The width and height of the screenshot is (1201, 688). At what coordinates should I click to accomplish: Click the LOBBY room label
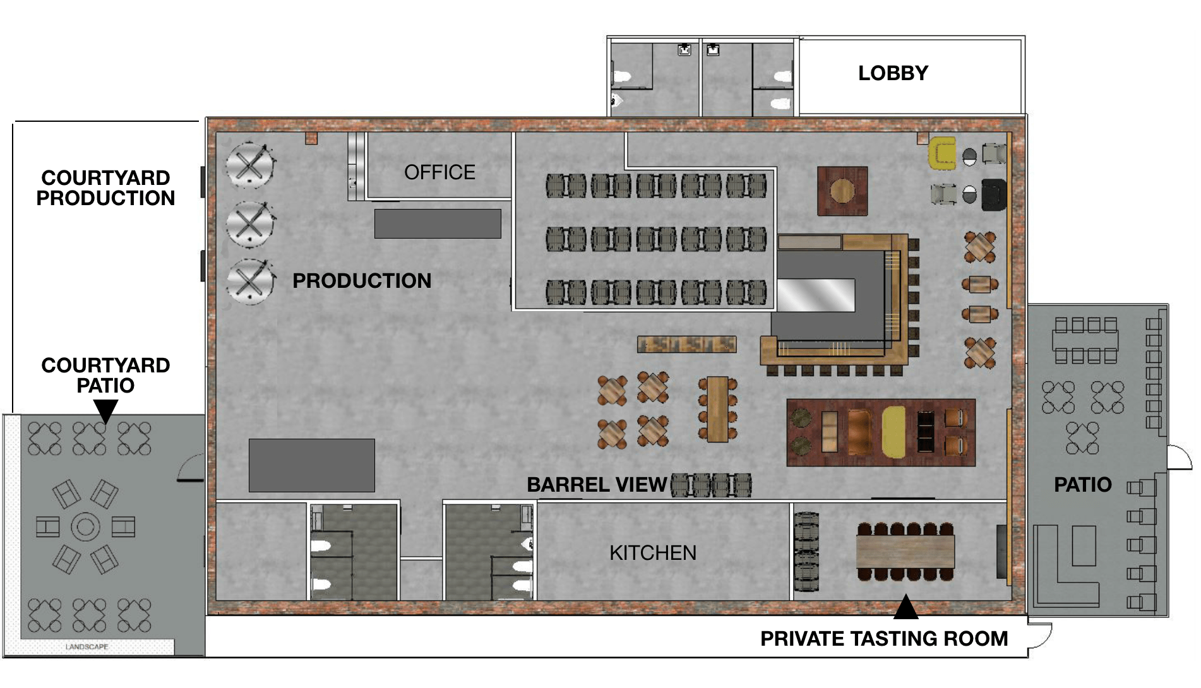(x=892, y=73)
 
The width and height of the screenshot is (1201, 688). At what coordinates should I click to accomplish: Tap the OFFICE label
(x=439, y=172)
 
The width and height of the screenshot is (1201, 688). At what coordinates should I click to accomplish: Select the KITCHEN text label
(x=653, y=553)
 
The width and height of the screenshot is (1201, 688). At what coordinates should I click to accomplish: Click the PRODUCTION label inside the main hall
(x=362, y=281)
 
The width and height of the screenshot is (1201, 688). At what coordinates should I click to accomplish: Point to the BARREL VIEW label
(x=597, y=485)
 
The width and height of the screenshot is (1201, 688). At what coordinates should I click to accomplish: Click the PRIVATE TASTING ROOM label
(x=883, y=639)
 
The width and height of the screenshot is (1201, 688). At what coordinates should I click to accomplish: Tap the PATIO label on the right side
(x=1082, y=485)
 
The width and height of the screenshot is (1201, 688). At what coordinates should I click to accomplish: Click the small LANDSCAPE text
(x=87, y=647)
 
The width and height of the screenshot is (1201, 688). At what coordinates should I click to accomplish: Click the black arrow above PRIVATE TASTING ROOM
(x=905, y=607)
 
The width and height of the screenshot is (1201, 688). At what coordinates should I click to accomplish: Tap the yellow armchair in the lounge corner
(x=942, y=153)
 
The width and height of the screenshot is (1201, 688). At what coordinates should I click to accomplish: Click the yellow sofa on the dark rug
(x=893, y=431)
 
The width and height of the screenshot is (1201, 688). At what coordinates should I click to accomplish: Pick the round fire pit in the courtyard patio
(x=85, y=526)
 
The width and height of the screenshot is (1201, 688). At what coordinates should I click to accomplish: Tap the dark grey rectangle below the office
(x=438, y=224)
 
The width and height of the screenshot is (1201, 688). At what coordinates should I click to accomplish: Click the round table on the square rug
(x=842, y=190)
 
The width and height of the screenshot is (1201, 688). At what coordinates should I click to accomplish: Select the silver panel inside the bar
(x=815, y=295)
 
